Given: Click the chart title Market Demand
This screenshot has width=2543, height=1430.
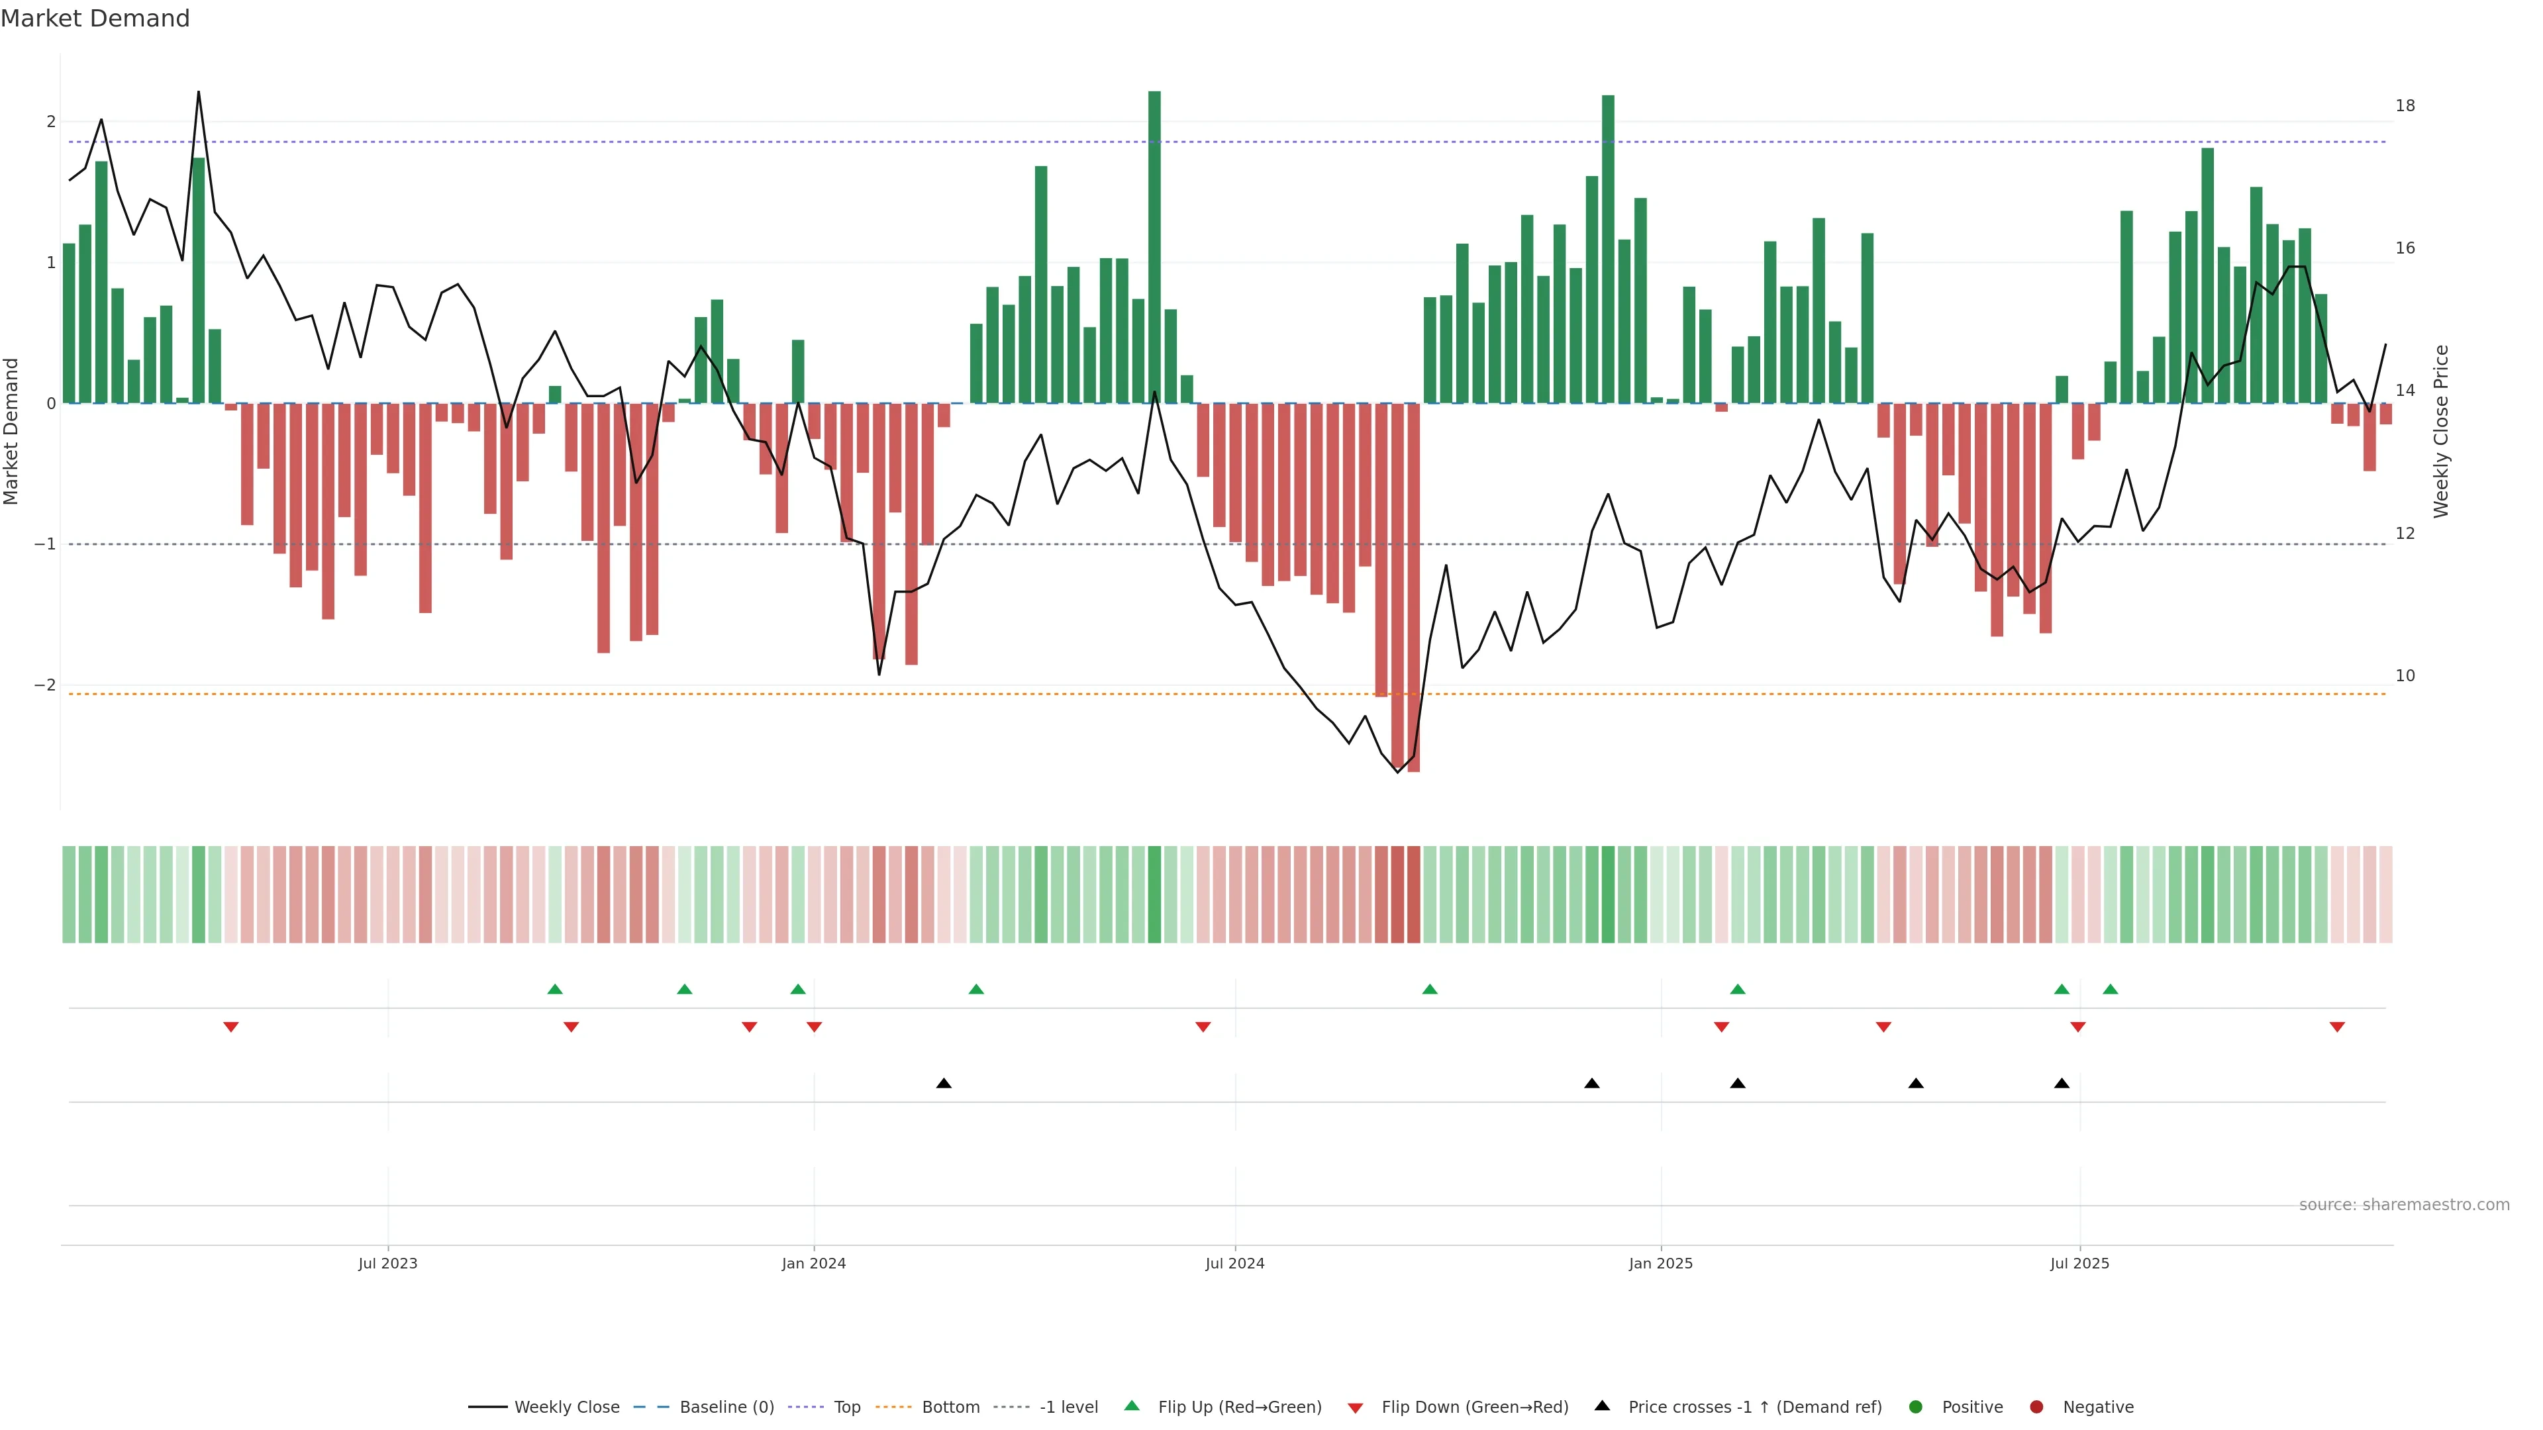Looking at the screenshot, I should coord(95,19).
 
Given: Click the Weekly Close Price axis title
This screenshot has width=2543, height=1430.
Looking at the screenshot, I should coord(2441,431).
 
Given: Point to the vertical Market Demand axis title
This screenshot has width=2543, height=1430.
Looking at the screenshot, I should coord(12,431).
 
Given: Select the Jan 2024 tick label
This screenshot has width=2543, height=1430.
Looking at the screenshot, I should coord(813,1263).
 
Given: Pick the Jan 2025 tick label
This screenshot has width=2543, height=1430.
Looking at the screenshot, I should coord(1660,1263).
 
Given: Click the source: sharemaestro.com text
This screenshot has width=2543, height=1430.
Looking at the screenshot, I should coord(2404,1205).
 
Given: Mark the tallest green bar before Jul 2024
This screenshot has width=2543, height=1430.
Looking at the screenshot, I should coord(1154,247).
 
